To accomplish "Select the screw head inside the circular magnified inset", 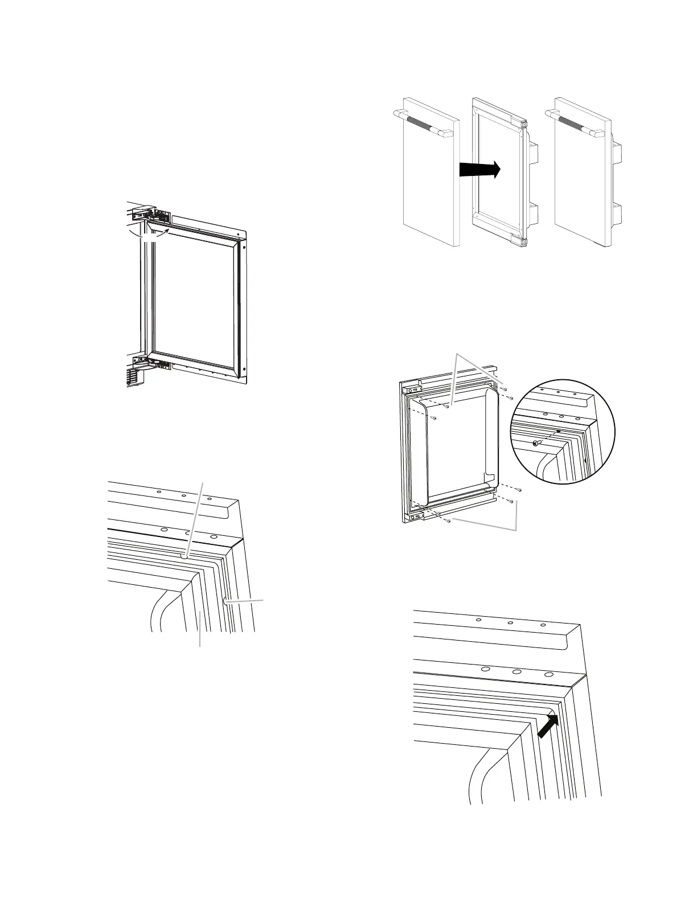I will click(536, 442).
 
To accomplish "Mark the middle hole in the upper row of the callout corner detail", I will click(184, 495).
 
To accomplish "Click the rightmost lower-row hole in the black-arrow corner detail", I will click(548, 674).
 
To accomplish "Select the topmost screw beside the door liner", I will click(505, 388).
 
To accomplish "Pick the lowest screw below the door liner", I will click(449, 520).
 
